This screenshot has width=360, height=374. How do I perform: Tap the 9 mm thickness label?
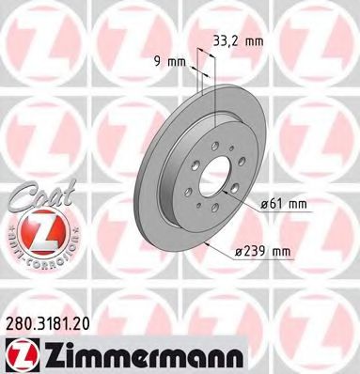(x=169, y=63)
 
